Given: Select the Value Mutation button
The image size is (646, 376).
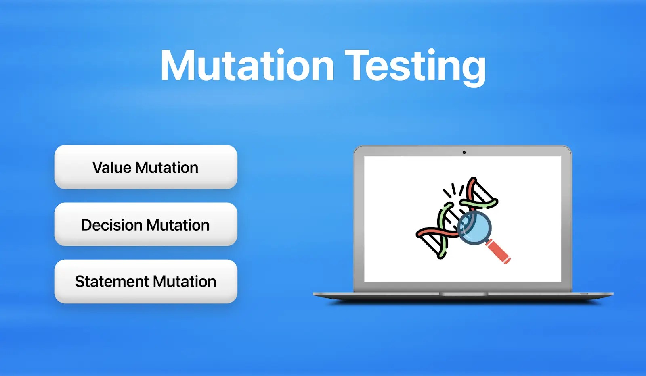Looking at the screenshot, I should click(x=146, y=167).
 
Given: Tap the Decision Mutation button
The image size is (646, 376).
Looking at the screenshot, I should click(x=146, y=224).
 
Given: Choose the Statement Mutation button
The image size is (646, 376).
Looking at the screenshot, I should click(x=146, y=281).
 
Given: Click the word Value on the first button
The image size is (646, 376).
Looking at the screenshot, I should click(x=112, y=168).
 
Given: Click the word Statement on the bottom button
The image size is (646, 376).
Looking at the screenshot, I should click(x=112, y=281).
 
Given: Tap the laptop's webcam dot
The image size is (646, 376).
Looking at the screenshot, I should click(x=464, y=152).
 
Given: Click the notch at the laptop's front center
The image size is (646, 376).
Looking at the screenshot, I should click(x=464, y=294).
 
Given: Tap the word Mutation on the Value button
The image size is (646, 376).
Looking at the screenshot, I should click(x=166, y=168).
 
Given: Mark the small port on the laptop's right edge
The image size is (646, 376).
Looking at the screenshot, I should click(x=584, y=294).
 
